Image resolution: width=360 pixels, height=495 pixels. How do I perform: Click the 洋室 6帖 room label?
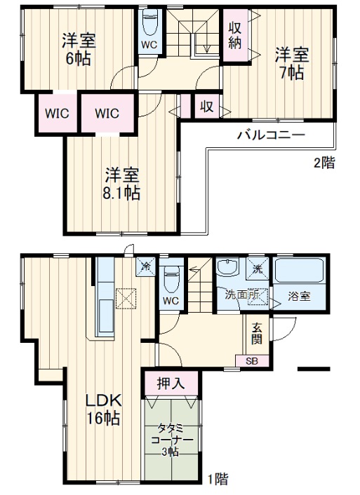(78, 50)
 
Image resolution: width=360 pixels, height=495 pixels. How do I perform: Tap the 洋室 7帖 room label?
(289, 62)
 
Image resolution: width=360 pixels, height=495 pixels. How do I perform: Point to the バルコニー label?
(270, 135)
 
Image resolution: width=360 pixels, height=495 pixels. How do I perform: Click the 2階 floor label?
(324, 163)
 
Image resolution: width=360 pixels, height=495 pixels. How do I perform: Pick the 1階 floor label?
(217, 480)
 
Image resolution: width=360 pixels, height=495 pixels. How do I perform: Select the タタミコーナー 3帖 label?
(171, 439)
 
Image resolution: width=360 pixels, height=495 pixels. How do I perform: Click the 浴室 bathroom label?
(300, 295)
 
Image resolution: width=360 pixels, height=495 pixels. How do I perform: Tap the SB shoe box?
(251, 361)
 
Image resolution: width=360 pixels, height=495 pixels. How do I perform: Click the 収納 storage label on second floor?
(234, 34)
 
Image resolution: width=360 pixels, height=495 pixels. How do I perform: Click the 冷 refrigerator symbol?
(145, 268)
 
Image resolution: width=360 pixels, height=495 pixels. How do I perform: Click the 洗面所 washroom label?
(243, 295)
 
